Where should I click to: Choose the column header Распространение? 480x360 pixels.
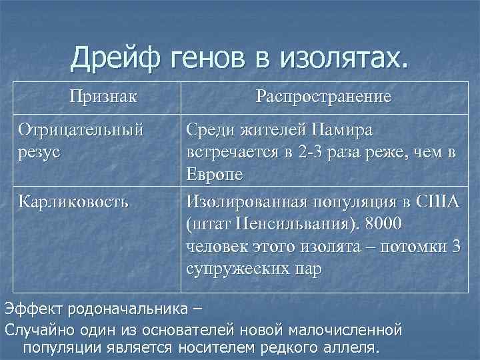[x=323, y=97]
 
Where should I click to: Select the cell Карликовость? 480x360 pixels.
[x=73, y=201]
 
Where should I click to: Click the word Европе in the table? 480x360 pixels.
[x=215, y=175]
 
